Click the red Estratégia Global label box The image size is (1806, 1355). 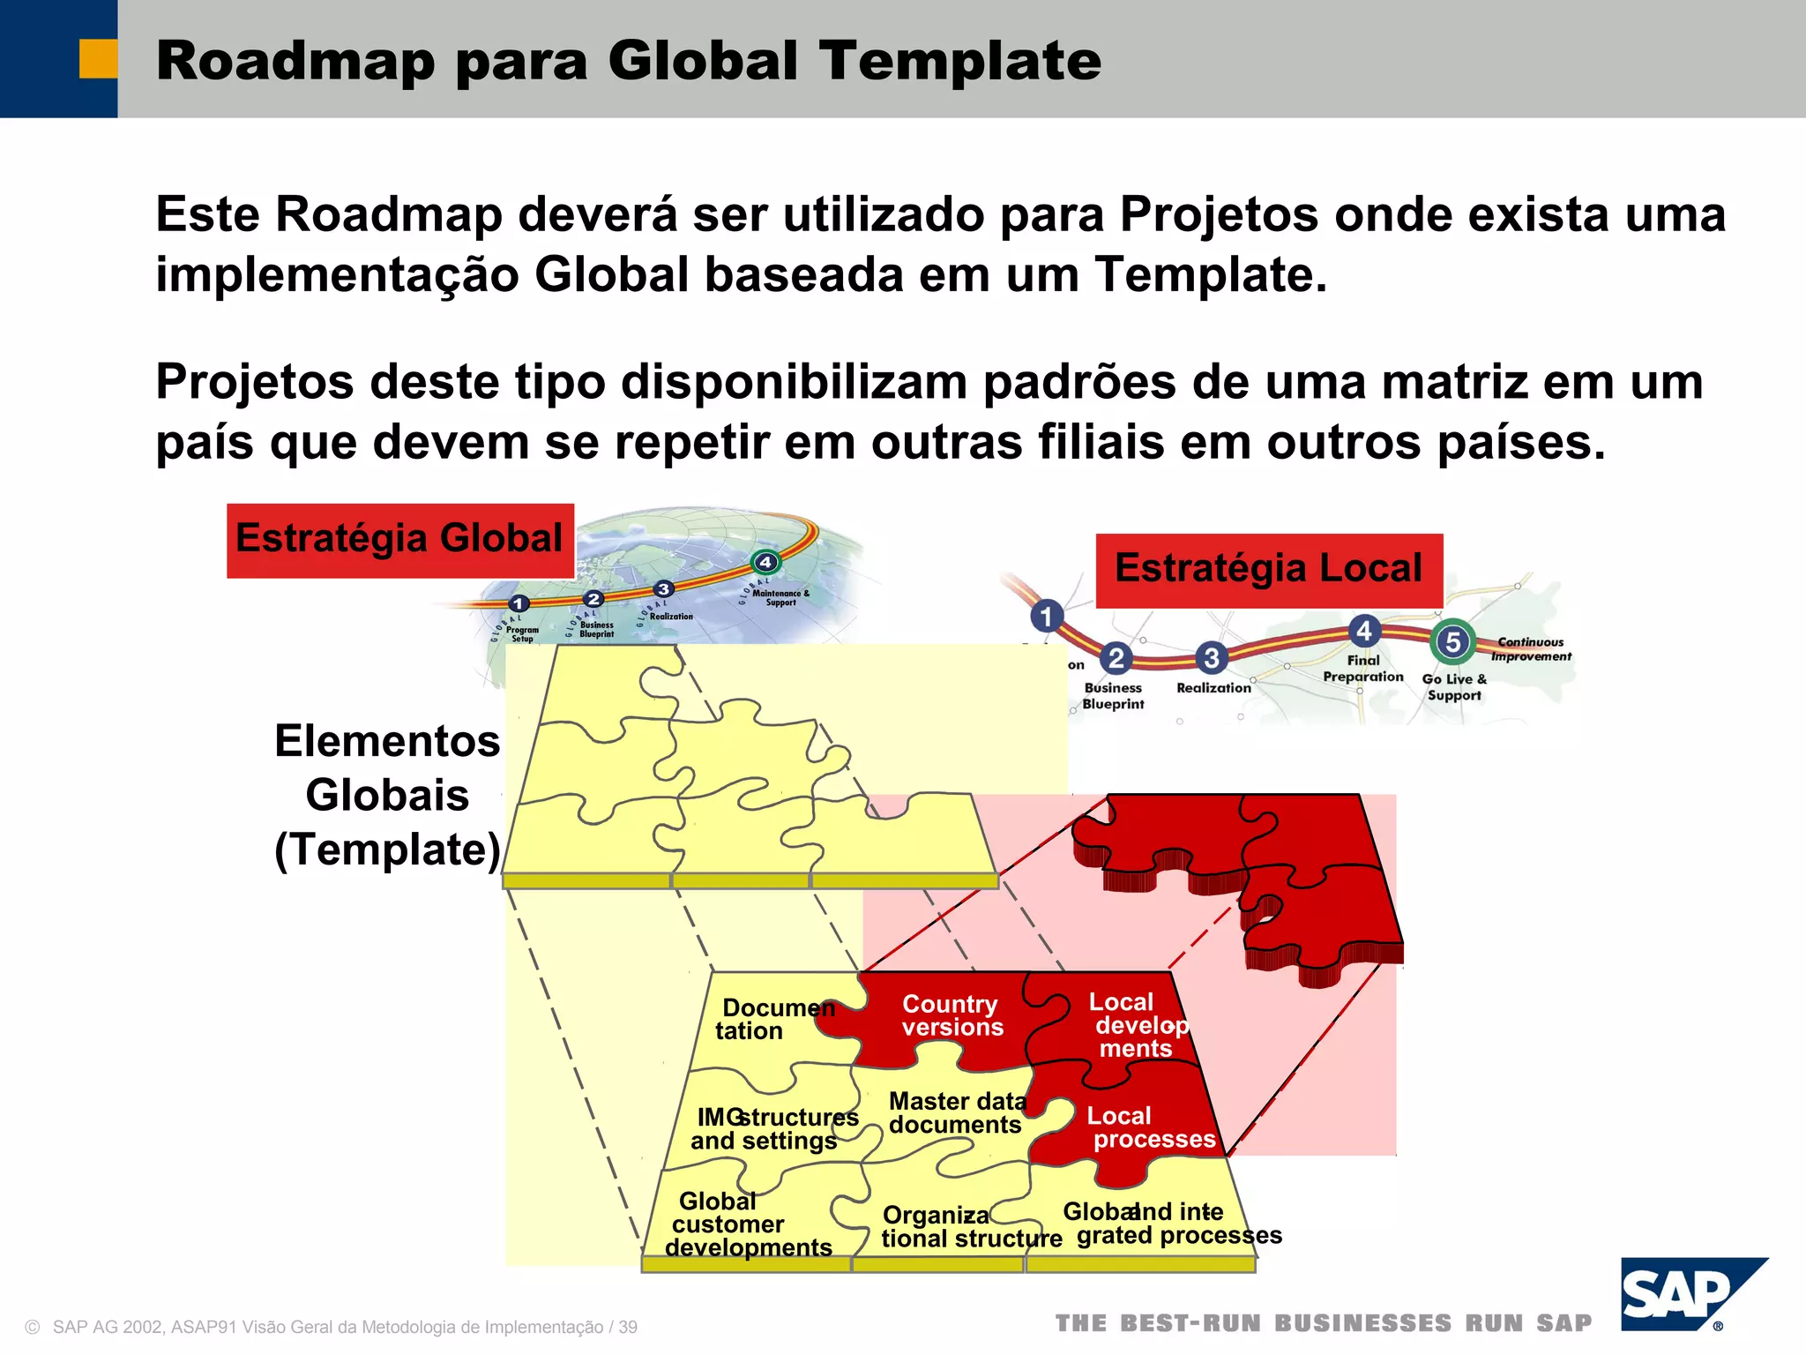[x=399, y=540]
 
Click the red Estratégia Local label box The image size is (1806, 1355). [x=1268, y=569]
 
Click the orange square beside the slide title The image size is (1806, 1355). [x=98, y=59]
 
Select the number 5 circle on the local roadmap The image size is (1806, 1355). [x=1452, y=641]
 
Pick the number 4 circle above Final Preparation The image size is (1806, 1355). [x=1364, y=630]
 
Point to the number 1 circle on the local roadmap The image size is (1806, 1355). [x=1047, y=616]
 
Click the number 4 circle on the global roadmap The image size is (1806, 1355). [x=765, y=562]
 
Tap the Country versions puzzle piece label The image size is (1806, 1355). [x=951, y=1015]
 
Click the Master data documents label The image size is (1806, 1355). [x=957, y=1112]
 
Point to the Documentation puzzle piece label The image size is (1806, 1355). [x=773, y=1019]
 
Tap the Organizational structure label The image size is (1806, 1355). [x=970, y=1227]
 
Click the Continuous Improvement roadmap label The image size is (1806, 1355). [x=1531, y=649]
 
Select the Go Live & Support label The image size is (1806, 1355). [x=1454, y=686]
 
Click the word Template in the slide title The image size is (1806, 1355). [x=960, y=61]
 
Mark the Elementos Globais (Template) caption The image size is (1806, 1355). [x=387, y=795]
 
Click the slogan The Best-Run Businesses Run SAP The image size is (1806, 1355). [x=1324, y=1323]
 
